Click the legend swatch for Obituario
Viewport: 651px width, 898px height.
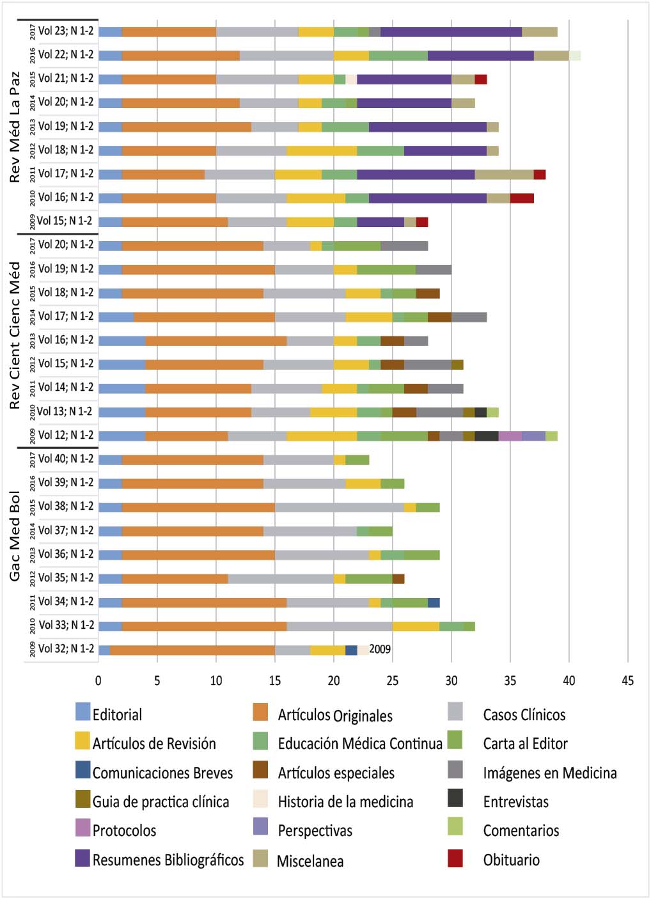point(455,859)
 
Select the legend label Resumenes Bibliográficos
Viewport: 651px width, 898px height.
point(168,860)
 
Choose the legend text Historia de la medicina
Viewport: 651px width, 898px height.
point(345,801)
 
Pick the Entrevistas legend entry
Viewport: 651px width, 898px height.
point(515,801)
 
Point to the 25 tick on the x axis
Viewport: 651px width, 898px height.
point(393,681)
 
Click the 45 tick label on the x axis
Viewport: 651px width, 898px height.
point(627,681)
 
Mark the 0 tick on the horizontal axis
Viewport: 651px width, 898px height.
point(98,681)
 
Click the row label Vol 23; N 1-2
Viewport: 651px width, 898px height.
point(65,31)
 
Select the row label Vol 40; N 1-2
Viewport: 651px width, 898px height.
point(65,459)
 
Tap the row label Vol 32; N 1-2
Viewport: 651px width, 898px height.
point(65,649)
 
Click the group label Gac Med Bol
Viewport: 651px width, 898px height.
point(15,536)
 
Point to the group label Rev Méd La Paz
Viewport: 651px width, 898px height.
point(15,127)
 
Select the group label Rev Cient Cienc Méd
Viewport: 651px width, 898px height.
point(15,335)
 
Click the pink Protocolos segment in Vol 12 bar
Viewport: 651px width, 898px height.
point(510,436)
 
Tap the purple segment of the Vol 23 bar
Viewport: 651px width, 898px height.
point(451,31)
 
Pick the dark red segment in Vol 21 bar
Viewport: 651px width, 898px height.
point(480,79)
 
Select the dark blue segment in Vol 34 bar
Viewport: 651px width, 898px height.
point(434,603)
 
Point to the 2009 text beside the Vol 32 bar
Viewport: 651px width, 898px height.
point(380,649)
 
